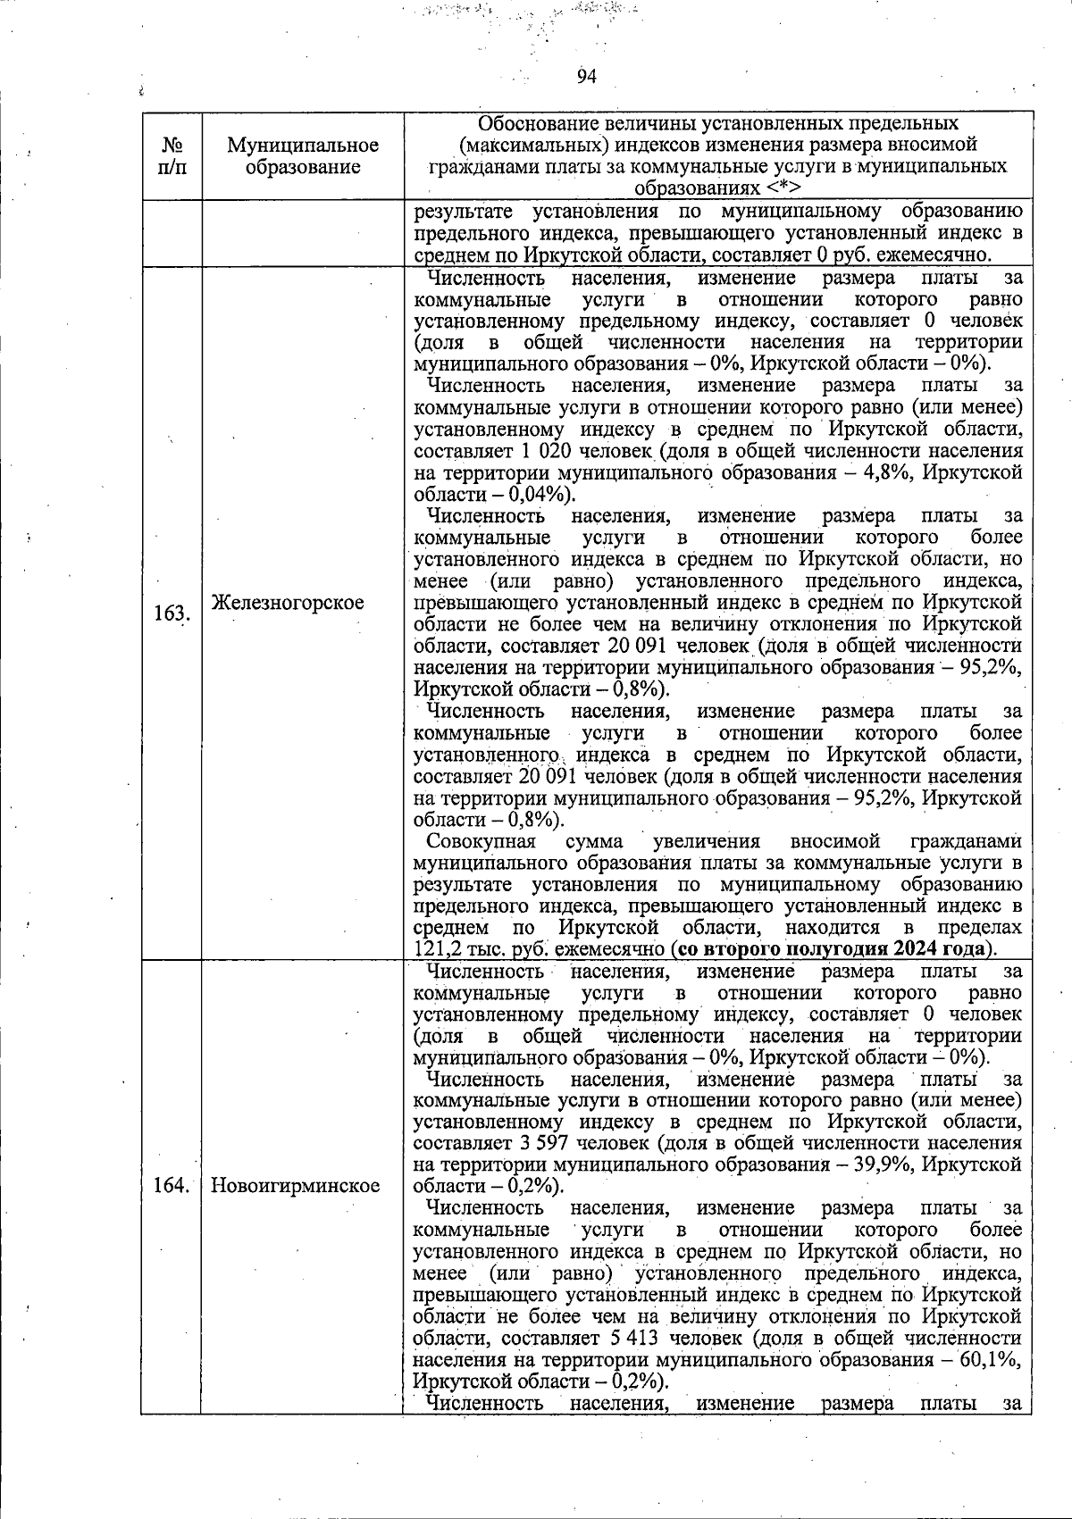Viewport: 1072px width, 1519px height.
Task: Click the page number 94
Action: point(586,77)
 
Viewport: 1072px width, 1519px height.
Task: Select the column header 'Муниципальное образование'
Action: point(303,155)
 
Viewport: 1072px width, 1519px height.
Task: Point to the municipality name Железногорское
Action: point(288,603)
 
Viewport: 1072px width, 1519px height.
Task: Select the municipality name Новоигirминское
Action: point(296,1186)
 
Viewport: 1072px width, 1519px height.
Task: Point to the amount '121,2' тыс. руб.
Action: point(437,949)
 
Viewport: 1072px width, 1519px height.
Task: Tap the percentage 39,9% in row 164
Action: point(889,1164)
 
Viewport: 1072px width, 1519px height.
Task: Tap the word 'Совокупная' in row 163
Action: point(481,841)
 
